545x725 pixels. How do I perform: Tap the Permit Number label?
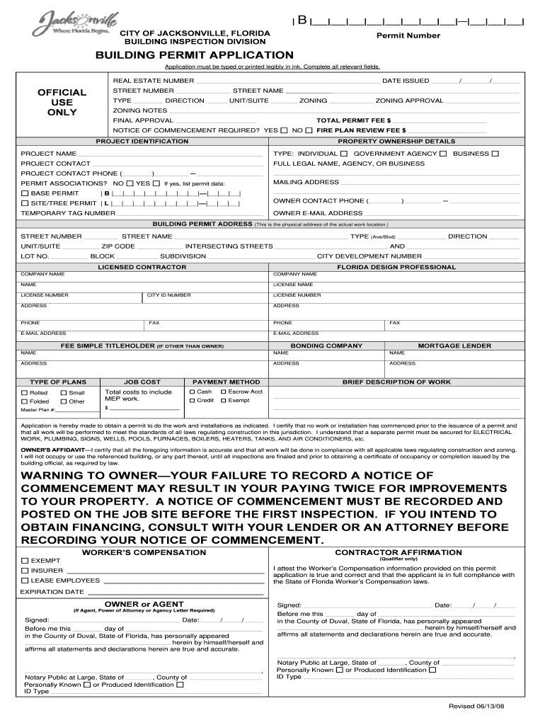click(x=408, y=35)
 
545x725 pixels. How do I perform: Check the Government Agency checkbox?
click(x=442, y=154)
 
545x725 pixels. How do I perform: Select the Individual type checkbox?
click(x=343, y=154)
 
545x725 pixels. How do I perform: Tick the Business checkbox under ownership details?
click(x=495, y=154)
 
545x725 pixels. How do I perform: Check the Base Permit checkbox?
click(x=25, y=193)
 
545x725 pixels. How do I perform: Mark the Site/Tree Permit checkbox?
click(x=25, y=203)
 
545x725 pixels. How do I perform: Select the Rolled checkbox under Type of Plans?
click(x=25, y=392)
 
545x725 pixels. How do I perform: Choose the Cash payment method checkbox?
click(x=192, y=392)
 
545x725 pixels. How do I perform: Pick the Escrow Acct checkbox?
click(x=224, y=392)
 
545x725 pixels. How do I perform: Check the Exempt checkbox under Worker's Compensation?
click(x=25, y=561)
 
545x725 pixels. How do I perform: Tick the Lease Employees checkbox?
click(x=25, y=581)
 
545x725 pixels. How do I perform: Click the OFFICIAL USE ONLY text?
click(x=62, y=102)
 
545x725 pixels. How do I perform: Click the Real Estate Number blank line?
click(x=287, y=81)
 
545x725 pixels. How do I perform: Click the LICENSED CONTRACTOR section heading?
click(x=142, y=267)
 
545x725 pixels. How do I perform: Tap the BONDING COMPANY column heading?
click(x=326, y=346)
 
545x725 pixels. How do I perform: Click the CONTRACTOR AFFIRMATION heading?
click(x=398, y=552)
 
